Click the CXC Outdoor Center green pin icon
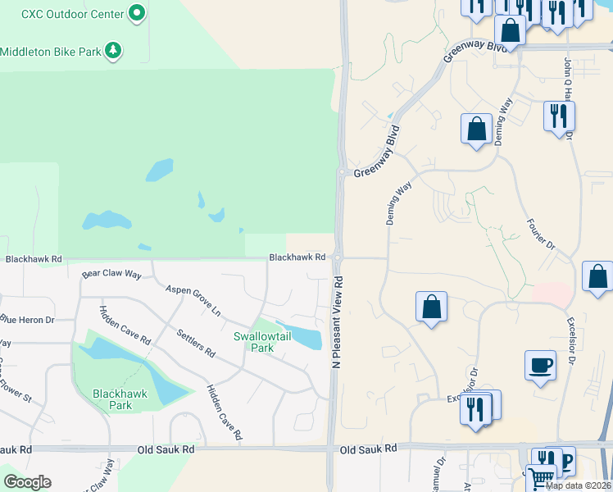[137, 14]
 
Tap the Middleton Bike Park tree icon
[113, 52]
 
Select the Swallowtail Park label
[265, 342]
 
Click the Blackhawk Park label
[121, 399]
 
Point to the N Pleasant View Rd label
[337, 321]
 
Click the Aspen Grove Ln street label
[193, 301]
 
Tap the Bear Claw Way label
[111, 274]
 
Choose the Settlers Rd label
[196, 343]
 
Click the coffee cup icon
[540, 366]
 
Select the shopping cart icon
[540, 477]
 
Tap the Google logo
[27, 482]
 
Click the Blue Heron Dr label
[26, 320]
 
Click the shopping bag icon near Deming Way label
[476, 129]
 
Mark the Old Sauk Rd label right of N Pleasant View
[368, 449]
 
